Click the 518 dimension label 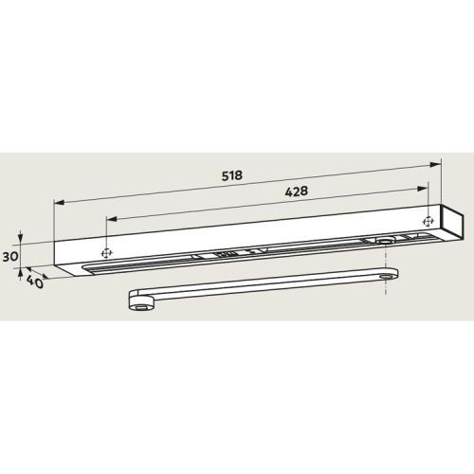[x=232, y=175]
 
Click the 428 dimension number [x=297, y=191]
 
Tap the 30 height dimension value [x=10, y=257]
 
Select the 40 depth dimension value [x=35, y=282]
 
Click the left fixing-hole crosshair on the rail [x=107, y=253]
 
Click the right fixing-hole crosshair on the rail [x=428, y=222]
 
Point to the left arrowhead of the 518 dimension [x=60, y=202]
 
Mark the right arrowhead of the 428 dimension [x=423, y=189]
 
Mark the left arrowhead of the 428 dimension [x=112, y=219]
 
